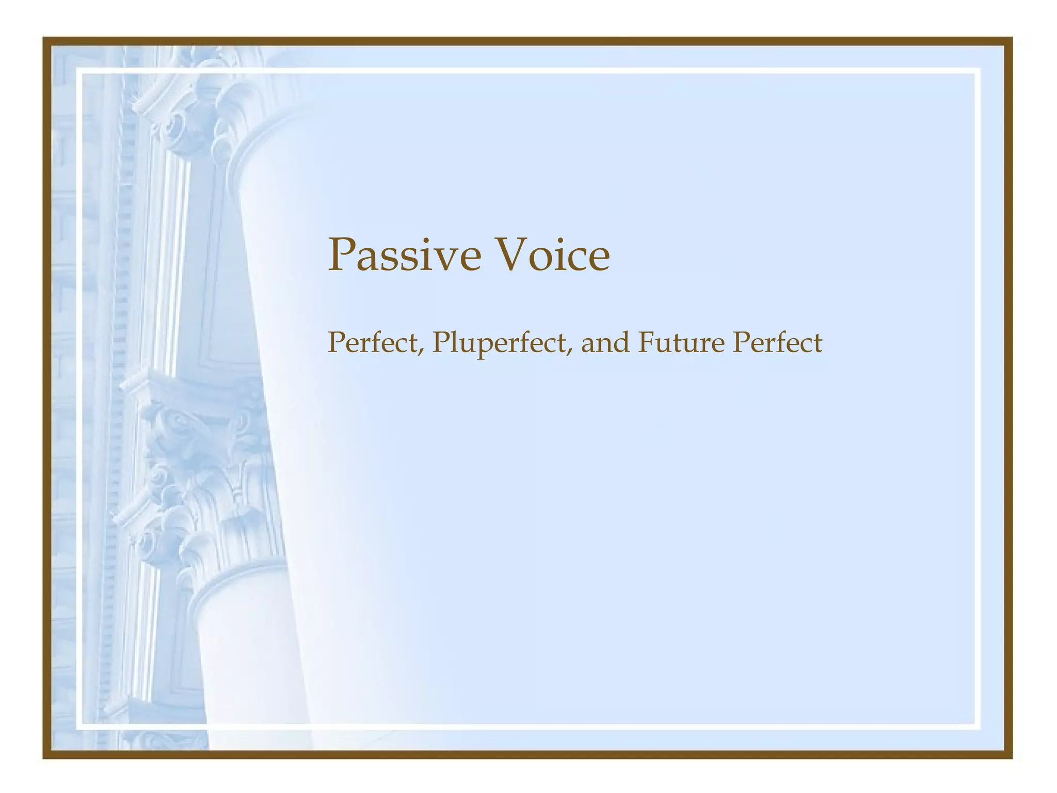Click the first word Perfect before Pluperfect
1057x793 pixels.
point(373,342)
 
